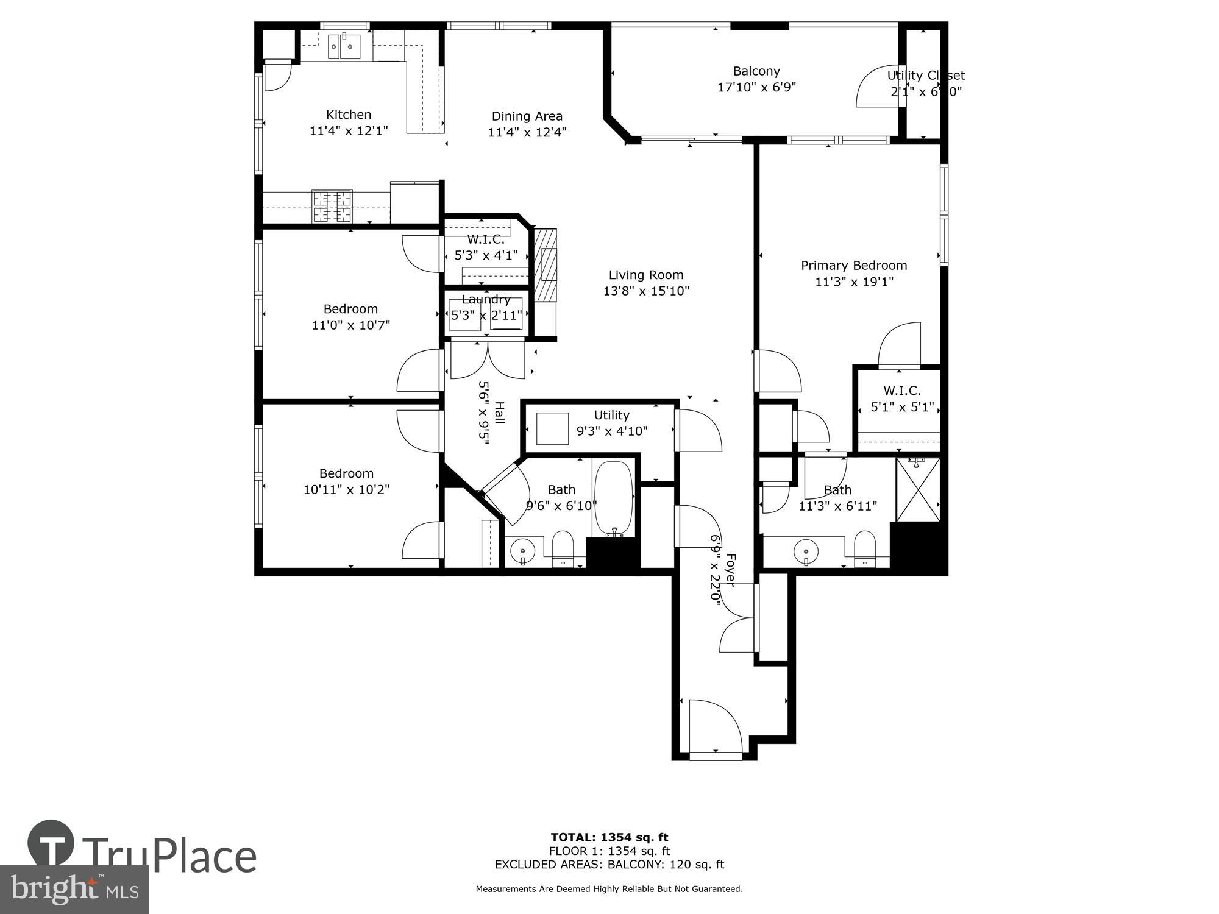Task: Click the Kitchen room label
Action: point(349,115)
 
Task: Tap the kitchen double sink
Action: point(344,46)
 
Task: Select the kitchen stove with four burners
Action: point(332,206)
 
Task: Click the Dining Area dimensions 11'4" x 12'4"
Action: point(527,132)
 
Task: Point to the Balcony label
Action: point(756,71)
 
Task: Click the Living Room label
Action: point(646,275)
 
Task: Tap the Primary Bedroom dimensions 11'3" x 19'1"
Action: point(854,282)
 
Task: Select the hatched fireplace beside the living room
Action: point(546,264)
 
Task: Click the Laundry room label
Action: point(486,299)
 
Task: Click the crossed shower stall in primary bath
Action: point(918,490)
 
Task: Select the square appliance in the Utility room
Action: point(552,429)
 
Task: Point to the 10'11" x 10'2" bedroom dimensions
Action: point(346,489)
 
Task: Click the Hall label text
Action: point(499,413)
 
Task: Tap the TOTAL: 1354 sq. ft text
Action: point(609,837)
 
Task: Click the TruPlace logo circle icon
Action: point(51,843)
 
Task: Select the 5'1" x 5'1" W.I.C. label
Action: point(902,407)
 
